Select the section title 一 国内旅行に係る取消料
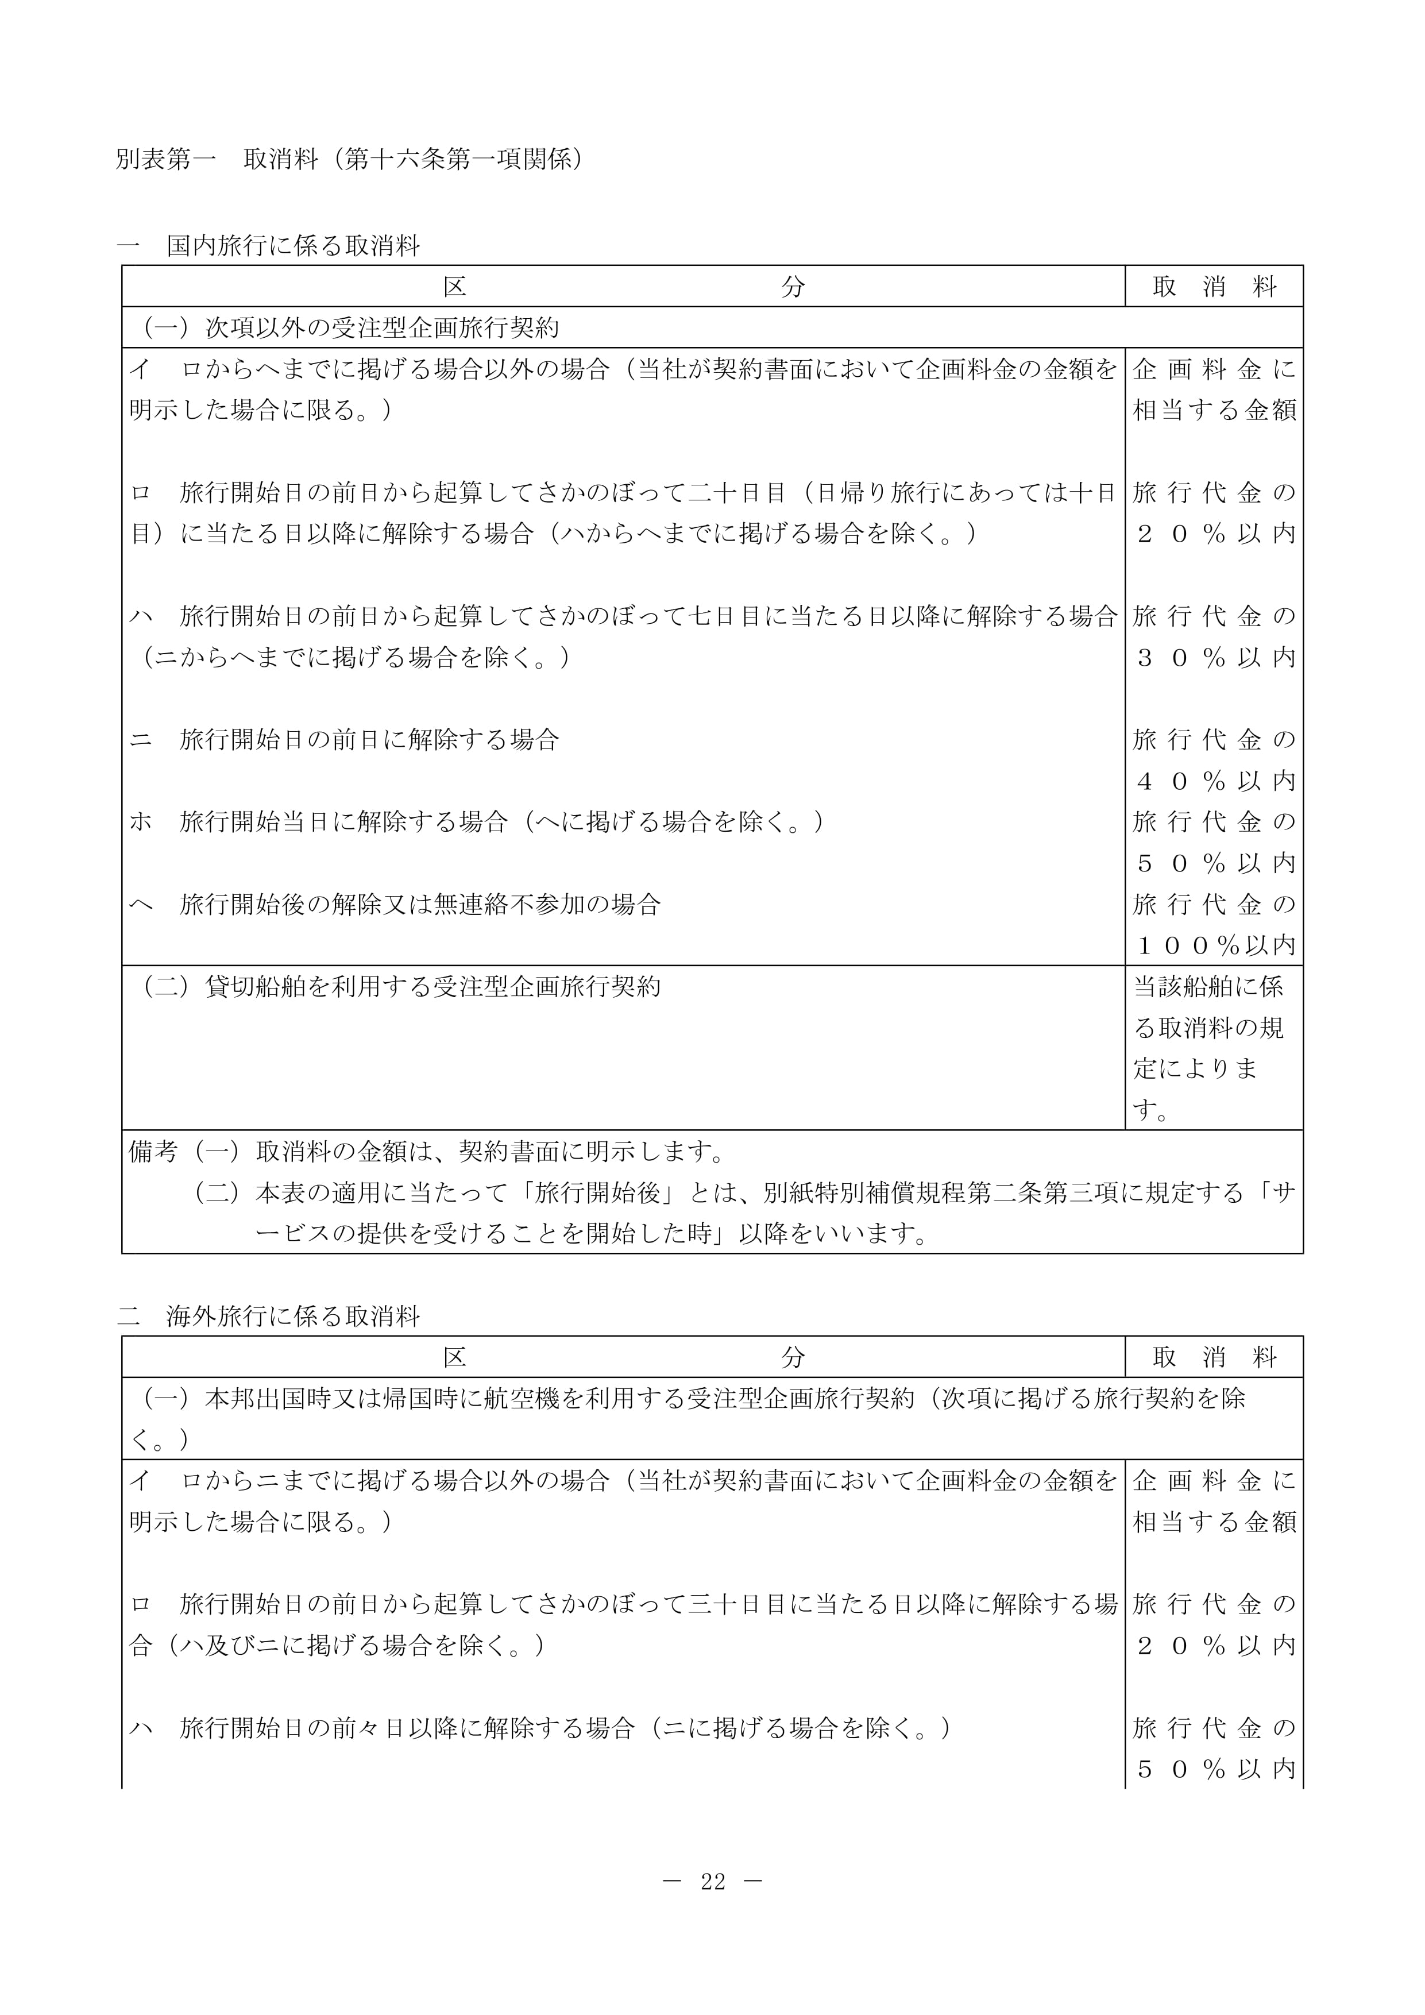pyautogui.click(x=268, y=246)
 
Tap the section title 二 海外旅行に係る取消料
pyautogui.click(x=268, y=1317)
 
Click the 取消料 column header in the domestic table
pyautogui.click(x=1214, y=286)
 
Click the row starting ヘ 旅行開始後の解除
pyautogui.click(x=395, y=904)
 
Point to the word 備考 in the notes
pyautogui.click(x=153, y=1151)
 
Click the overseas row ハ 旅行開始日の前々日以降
pyautogui.click(x=540, y=1728)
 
